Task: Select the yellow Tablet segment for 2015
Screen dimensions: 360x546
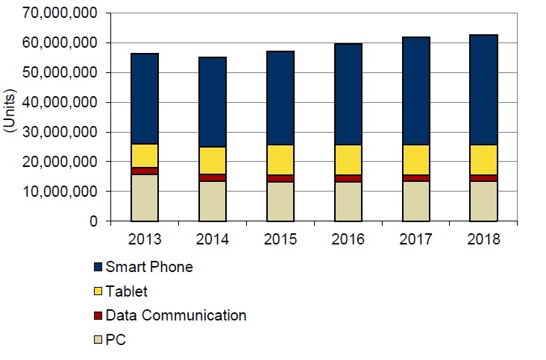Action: click(280, 160)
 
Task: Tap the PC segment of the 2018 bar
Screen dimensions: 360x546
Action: click(483, 200)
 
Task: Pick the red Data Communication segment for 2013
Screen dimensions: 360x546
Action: click(144, 171)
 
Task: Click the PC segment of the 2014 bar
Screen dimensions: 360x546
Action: click(213, 200)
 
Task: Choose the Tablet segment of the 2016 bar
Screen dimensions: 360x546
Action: click(348, 160)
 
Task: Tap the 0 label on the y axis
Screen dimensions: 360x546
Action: click(94, 221)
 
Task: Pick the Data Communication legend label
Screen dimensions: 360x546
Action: click(176, 315)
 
